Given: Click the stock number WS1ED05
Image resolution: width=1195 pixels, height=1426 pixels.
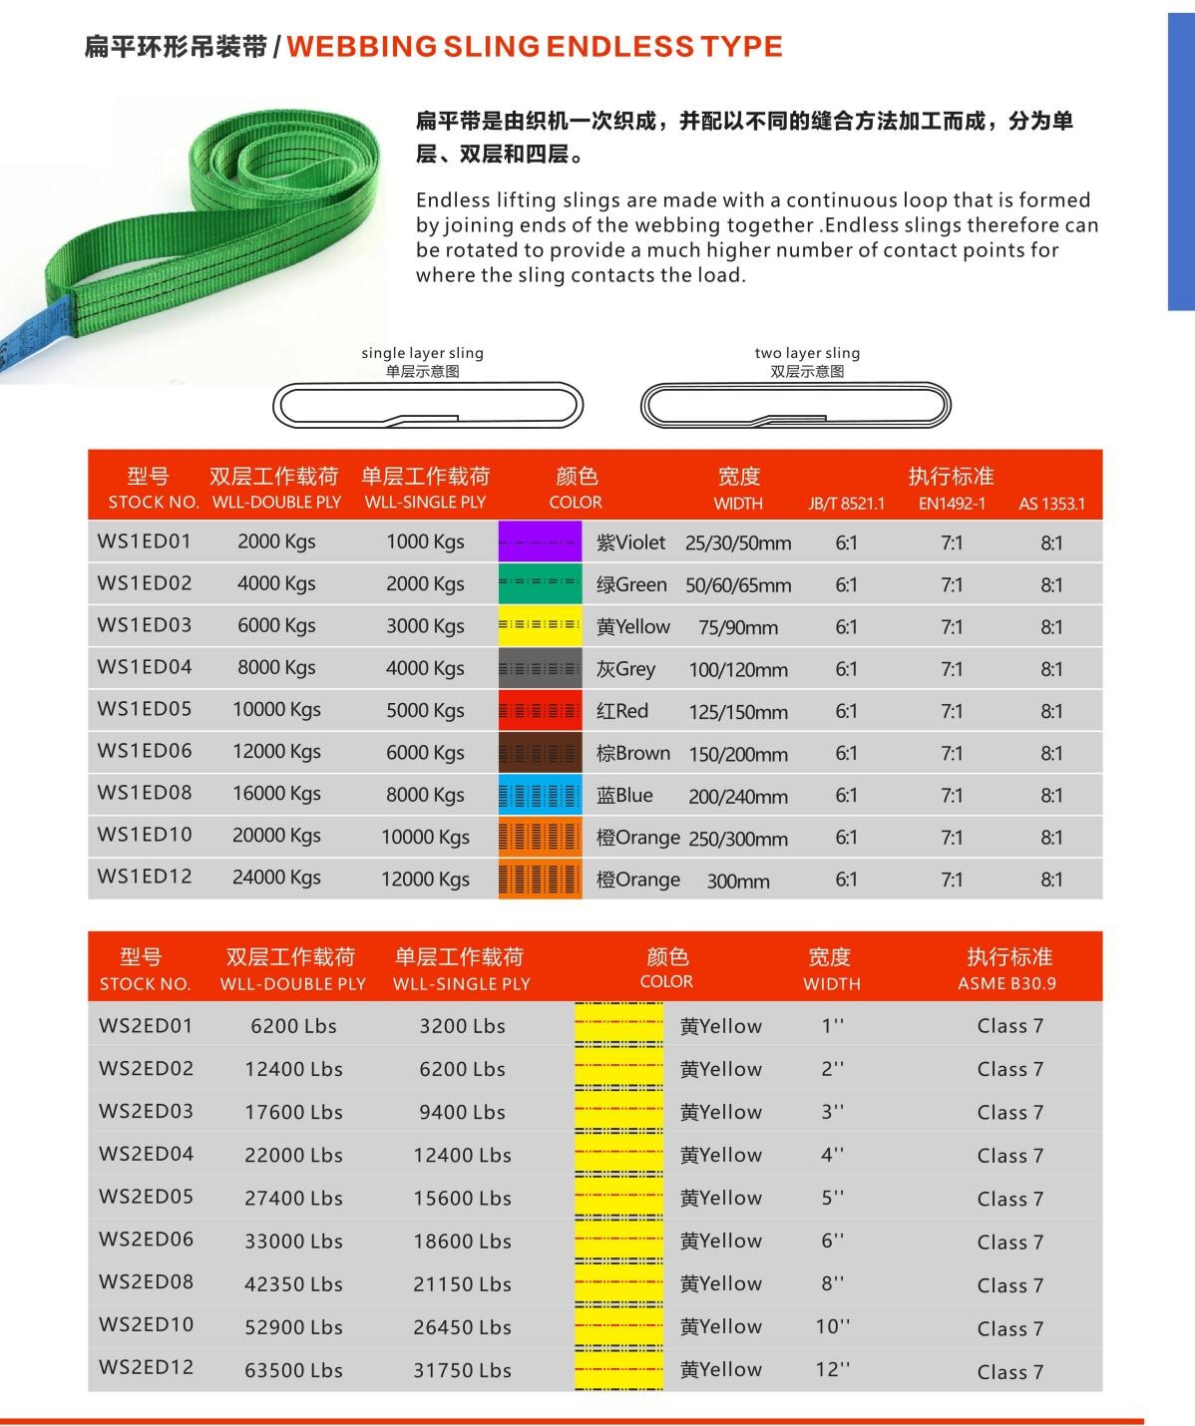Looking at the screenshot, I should (145, 709).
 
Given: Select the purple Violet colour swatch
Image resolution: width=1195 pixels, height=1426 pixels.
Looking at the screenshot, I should (540, 542).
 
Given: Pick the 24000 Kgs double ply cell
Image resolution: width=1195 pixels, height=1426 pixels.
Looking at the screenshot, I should (276, 878).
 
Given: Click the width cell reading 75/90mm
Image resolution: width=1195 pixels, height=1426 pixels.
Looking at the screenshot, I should (738, 627).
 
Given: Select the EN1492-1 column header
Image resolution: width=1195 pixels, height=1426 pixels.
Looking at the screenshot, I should (952, 504).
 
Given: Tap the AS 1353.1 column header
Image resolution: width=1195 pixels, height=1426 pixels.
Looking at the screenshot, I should (1051, 504).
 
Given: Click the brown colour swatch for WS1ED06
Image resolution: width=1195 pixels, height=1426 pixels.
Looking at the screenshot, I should (540, 753).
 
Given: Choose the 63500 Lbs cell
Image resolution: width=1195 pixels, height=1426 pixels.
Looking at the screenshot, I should (293, 1370).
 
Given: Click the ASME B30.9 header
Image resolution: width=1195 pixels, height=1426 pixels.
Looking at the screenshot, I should (1006, 983).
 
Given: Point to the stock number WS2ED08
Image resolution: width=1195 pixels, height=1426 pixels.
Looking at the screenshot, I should (146, 1282).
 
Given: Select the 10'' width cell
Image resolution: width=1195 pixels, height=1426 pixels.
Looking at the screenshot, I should (832, 1326).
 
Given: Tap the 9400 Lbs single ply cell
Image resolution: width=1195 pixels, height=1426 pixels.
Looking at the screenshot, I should (462, 1112).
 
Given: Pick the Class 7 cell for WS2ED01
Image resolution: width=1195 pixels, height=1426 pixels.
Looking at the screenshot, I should (1009, 1026).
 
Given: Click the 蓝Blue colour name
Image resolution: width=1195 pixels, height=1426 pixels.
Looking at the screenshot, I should (624, 795).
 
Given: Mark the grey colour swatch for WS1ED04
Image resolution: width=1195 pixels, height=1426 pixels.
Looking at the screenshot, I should (540, 668).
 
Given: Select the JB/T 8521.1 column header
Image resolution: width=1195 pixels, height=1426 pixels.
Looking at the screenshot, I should (846, 504).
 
